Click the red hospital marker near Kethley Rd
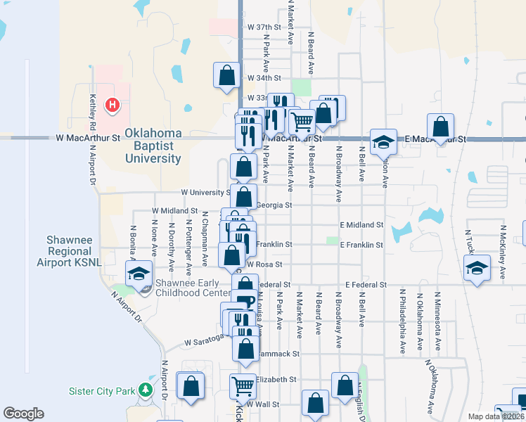(112, 105)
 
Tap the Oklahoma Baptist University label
(153, 146)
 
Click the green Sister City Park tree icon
(146, 389)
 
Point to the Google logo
(23, 414)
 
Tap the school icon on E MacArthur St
(383, 142)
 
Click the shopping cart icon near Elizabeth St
(243, 385)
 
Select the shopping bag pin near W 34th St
(227, 75)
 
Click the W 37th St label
(264, 27)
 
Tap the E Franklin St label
(361, 245)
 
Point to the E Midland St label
(361, 224)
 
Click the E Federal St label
(366, 285)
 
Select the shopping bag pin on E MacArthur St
(440, 128)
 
